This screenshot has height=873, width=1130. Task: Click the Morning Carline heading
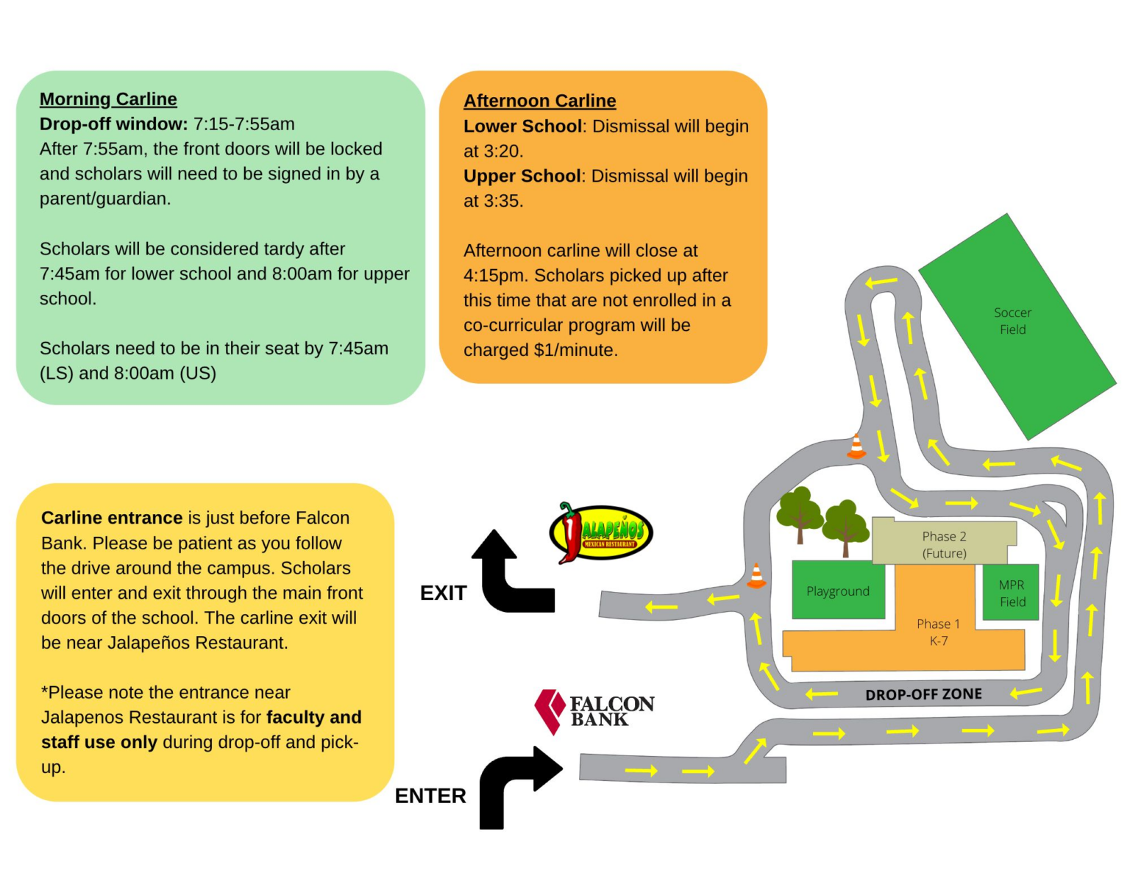point(108,99)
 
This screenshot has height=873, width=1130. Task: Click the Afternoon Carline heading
point(539,100)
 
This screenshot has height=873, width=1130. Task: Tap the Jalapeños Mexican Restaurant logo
point(600,532)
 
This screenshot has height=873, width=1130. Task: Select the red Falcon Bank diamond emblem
point(550,712)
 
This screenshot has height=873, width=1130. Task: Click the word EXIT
point(443,593)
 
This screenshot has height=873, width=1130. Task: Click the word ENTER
point(430,796)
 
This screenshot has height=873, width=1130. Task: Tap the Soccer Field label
point(1012,321)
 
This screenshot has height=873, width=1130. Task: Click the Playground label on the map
point(837,591)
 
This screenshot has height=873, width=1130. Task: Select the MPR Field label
point(1012,593)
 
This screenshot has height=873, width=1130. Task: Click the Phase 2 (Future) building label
point(944,544)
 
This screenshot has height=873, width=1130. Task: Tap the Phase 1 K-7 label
point(938,632)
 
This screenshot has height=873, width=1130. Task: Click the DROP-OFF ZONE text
point(923,694)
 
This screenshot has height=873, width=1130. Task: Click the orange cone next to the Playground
point(756,576)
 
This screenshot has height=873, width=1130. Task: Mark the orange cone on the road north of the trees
point(856,446)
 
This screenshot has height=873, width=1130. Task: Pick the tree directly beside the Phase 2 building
point(845,528)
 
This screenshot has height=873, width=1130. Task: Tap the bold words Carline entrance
point(112,518)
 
